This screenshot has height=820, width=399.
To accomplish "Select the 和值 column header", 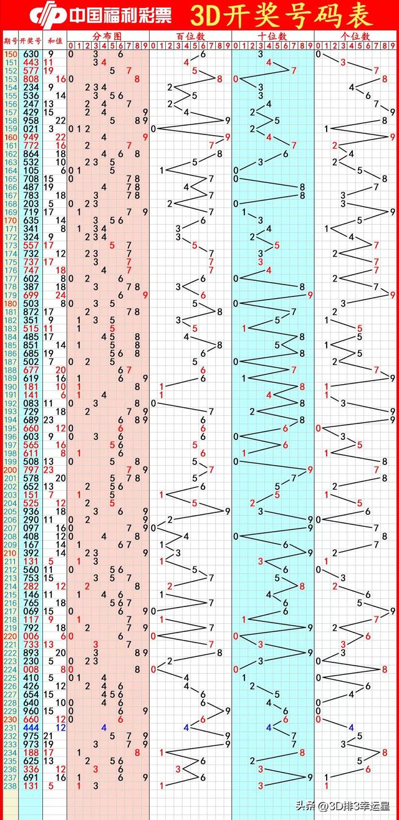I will click(55, 40).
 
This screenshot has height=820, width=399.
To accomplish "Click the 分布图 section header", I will click(108, 37).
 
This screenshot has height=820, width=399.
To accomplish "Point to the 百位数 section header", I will click(190, 37).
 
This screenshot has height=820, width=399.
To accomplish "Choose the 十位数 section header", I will click(273, 37).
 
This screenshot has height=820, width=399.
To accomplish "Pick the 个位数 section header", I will click(356, 37).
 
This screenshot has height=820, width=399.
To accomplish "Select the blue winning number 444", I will click(31, 727).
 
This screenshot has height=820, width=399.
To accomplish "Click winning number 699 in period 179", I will click(31, 295).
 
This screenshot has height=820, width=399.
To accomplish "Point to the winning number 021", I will click(31, 129).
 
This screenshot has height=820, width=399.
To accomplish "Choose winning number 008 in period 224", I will click(31, 669).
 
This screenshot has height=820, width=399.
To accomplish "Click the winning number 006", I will click(31, 636).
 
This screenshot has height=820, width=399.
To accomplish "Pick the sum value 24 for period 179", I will click(61, 295).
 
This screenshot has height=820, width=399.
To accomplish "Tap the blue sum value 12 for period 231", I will click(61, 727).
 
